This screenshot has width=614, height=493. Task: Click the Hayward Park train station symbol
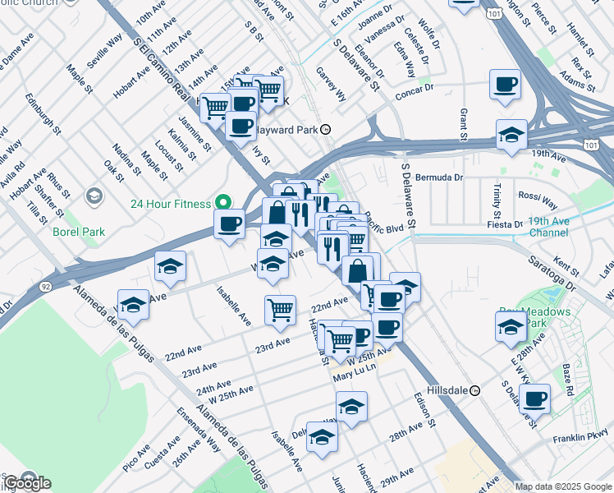pyautogui.click(x=326, y=129)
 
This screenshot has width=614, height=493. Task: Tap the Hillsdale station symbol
pyautogui.click(x=474, y=390)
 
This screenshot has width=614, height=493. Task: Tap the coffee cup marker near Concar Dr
pyautogui.click(x=504, y=85)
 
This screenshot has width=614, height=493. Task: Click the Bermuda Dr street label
pyautogui.click(x=439, y=177)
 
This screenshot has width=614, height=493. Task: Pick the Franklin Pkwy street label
pyautogui.click(x=582, y=439)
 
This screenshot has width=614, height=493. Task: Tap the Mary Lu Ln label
pyautogui.click(x=354, y=377)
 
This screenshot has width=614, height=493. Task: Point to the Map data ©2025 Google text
pyautogui.click(x=564, y=486)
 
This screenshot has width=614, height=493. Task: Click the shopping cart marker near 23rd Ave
pyautogui.click(x=280, y=311)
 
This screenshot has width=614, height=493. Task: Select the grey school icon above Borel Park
pyautogui.click(x=94, y=196)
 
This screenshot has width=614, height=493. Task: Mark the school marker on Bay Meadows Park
pyautogui.click(x=511, y=327)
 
